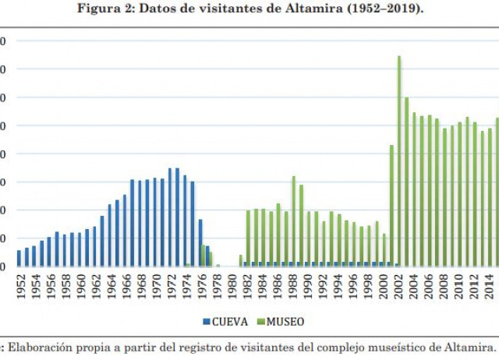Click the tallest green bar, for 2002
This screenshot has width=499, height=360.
[399, 161]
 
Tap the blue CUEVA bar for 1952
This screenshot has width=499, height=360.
[19, 258]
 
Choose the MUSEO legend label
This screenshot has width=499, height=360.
[285, 320]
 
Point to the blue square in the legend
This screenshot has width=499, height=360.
[206, 320]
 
